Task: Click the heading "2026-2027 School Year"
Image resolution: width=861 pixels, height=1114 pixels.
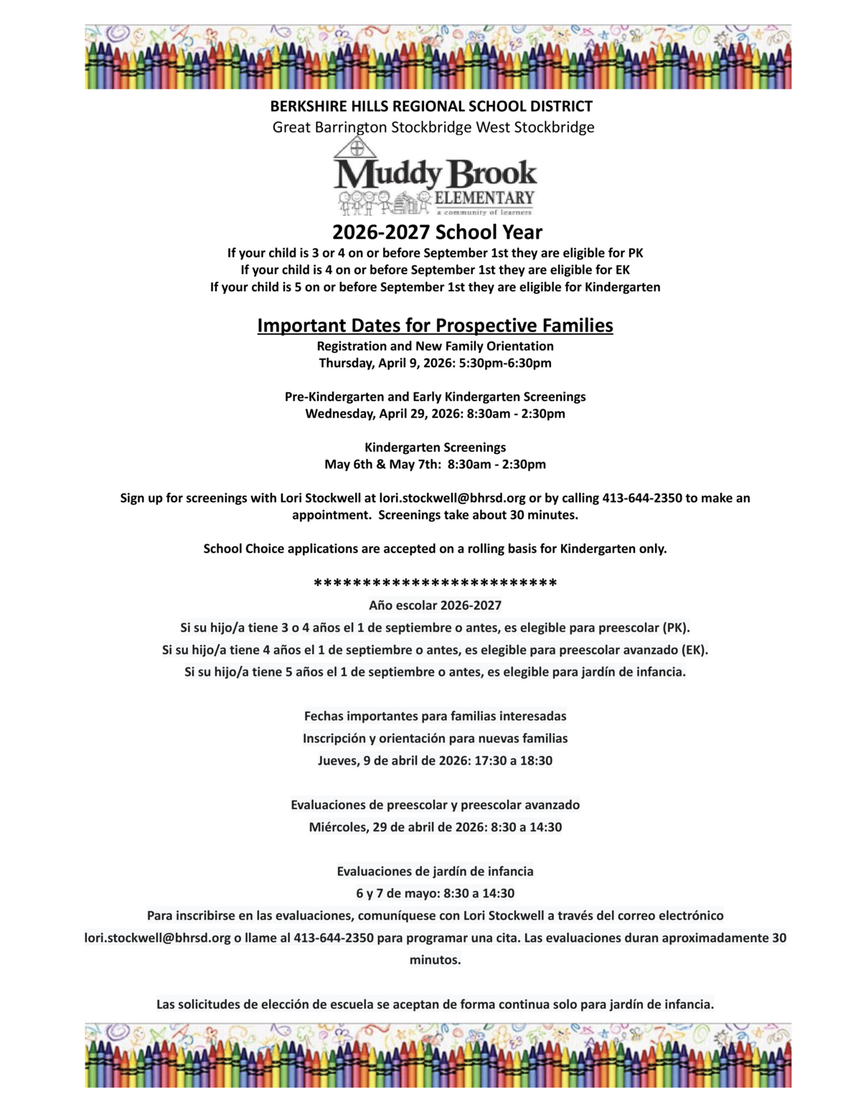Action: coord(437,232)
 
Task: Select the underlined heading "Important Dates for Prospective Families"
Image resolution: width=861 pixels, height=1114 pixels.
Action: coord(435,326)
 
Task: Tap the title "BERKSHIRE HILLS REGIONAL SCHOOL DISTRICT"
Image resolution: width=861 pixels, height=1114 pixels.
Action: coord(431,107)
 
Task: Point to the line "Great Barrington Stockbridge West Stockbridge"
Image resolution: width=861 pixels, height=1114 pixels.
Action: coord(433,128)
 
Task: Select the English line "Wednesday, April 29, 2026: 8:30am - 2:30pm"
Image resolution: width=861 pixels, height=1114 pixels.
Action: coord(435,414)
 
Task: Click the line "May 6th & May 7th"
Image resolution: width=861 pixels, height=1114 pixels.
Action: coord(382,465)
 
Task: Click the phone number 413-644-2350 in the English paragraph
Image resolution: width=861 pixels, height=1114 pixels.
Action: coord(642,499)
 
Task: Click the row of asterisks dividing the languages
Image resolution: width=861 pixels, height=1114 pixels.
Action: coord(435,583)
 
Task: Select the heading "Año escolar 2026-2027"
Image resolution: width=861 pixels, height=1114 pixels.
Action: coord(435,605)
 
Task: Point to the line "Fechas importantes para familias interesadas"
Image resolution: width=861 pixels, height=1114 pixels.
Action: coord(435,716)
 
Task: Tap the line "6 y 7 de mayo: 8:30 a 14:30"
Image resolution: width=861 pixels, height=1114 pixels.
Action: coord(435,894)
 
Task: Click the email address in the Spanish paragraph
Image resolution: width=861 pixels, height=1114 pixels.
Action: coord(157,938)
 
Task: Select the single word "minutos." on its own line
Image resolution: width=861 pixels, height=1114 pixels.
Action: coord(435,960)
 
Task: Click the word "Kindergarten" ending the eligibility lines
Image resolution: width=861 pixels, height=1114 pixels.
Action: coord(623,288)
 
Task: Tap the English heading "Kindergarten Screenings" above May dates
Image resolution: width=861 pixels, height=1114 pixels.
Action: coord(435,448)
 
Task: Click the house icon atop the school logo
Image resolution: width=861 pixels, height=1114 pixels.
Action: coord(356,148)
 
